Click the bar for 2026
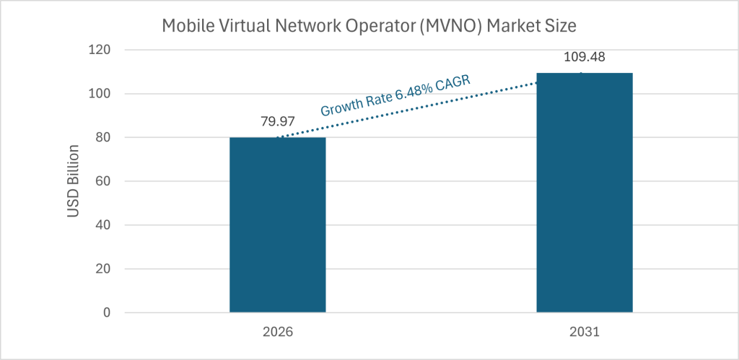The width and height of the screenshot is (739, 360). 277,224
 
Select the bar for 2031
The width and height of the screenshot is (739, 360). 585,193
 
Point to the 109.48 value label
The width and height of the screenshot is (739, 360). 585,56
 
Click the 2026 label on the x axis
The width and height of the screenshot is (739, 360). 277,333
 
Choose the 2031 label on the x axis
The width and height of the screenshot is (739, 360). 585,333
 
